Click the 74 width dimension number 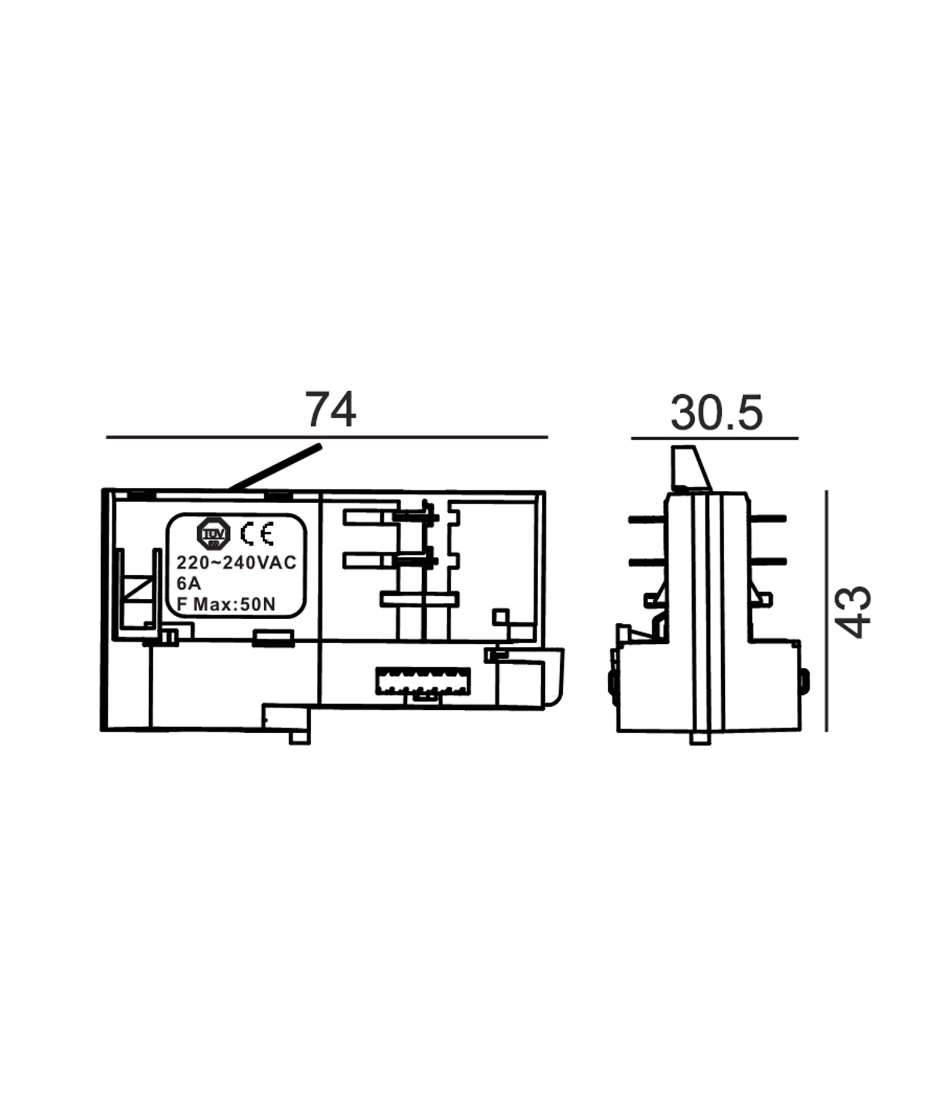pyautogui.click(x=331, y=410)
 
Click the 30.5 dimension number pyautogui.click(x=716, y=413)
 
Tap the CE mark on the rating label pyautogui.click(x=257, y=534)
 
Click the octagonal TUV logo pyautogui.click(x=213, y=534)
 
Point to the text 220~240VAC pyautogui.click(x=236, y=562)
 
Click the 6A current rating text pyautogui.click(x=189, y=583)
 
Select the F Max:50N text pyautogui.click(x=226, y=604)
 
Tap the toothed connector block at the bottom pyautogui.click(x=423, y=681)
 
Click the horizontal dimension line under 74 pyautogui.click(x=327, y=437)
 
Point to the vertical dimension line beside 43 pyautogui.click(x=826, y=610)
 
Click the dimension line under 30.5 pyautogui.click(x=714, y=438)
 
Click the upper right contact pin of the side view pyautogui.click(x=768, y=519)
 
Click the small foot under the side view pyautogui.click(x=700, y=738)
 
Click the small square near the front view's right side pyautogui.click(x=500, y=616)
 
